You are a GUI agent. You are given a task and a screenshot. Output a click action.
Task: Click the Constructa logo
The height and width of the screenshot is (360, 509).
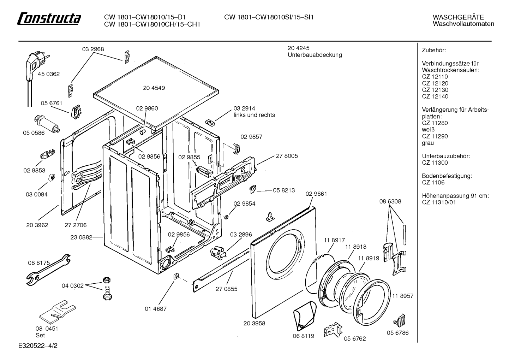click(x=49, y=18)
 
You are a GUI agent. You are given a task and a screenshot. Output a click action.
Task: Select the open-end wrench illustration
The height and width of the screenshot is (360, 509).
click(x=48, y=270)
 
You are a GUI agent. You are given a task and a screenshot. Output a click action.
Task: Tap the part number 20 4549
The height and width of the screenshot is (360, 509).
click(x=154, y=88)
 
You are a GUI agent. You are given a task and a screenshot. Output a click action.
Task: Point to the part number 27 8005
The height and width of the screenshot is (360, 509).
click(x=287, y=156)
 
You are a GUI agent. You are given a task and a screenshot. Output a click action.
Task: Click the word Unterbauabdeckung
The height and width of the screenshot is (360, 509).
click(x=315, y=55)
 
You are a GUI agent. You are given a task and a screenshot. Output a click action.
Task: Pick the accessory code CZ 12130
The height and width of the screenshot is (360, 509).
click(x=435, y=90)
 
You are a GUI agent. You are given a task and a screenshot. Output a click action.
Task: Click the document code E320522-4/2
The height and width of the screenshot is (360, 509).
click(x=38, y=346)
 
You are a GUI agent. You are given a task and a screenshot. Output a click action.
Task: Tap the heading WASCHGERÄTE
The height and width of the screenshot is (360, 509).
click(x=458, y=17)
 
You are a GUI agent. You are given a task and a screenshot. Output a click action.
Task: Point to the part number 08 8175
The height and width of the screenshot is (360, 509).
click(x=39, y=263)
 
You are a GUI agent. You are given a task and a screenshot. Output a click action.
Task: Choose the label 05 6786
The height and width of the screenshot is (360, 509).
click(x=398, y=333)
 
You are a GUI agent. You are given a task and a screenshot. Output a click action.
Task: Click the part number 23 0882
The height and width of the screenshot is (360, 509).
click(x=81, y=237)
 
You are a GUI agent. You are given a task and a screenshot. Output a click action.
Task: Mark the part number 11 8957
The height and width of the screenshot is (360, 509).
click(x=403, y=296)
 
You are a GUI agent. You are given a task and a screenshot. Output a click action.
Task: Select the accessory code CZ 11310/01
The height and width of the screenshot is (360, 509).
click(x=439, y=202)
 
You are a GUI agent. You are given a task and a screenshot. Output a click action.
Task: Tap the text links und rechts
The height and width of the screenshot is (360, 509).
click(x=254, y=115)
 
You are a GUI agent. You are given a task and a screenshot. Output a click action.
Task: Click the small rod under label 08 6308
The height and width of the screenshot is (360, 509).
click(x=405, y=235)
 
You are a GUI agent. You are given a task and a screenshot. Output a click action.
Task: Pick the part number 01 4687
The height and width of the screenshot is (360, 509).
click(x=156, y=309)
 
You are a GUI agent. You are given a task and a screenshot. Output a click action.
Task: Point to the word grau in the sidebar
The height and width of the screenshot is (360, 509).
click(x=428, y=143)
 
